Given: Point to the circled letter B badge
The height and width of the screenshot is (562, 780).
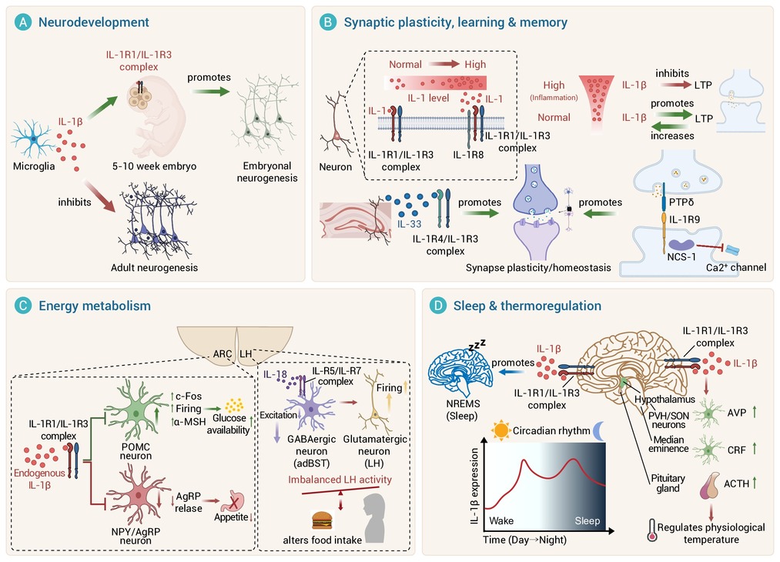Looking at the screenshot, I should click(328, 22).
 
